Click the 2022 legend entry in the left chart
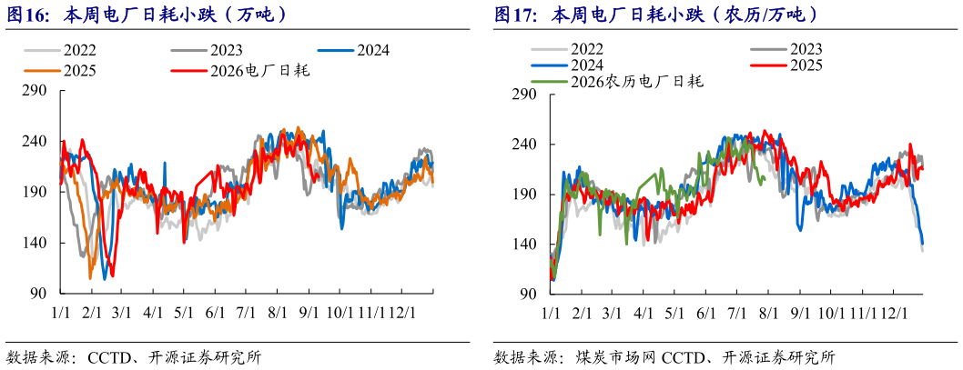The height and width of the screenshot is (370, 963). coord(60,51)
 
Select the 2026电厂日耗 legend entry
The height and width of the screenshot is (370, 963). coord(240,71)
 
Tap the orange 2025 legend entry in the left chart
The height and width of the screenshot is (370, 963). coord(60,71)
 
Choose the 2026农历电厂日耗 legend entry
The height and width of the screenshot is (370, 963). coord(617,80)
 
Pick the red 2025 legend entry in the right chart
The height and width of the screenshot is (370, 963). coord(786,65)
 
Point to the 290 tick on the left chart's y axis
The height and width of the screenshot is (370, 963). coord(39,91)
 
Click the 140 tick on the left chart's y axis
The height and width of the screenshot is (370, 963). coord(39,244)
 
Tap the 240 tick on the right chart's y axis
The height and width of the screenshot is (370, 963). coord(527,145)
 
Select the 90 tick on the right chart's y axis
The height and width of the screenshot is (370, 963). coord(531,294)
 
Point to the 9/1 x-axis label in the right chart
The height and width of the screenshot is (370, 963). coord(800,313)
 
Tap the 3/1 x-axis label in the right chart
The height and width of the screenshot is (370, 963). coord(612,313)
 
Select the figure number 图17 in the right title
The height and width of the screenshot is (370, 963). coord(513,15)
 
